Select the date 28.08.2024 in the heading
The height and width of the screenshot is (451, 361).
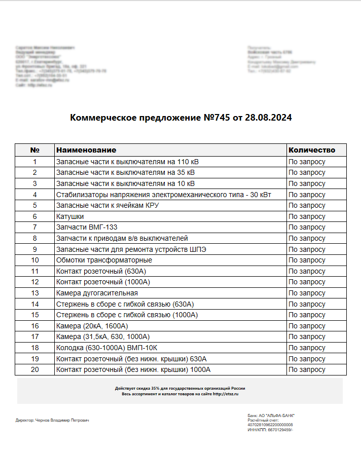click(x=268, y=118)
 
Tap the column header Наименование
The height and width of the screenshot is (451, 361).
click(x=86, y=150)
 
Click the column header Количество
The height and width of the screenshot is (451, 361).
click(x=312, y=150)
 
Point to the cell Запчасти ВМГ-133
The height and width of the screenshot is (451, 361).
click(x=87, y=228)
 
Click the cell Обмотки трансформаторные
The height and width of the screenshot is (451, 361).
click(x=104, y=260)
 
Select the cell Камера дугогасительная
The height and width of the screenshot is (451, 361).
click(x=97, y=293)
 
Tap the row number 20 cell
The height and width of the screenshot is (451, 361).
click(x=35, y=369)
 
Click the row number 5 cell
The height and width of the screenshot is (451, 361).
click(x=35, y=206)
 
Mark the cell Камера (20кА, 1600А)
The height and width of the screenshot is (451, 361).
click(x=92, y=326)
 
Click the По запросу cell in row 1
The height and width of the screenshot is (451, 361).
click(x=307, y=162)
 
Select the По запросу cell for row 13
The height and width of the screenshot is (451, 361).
click(x=307, y=293)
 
